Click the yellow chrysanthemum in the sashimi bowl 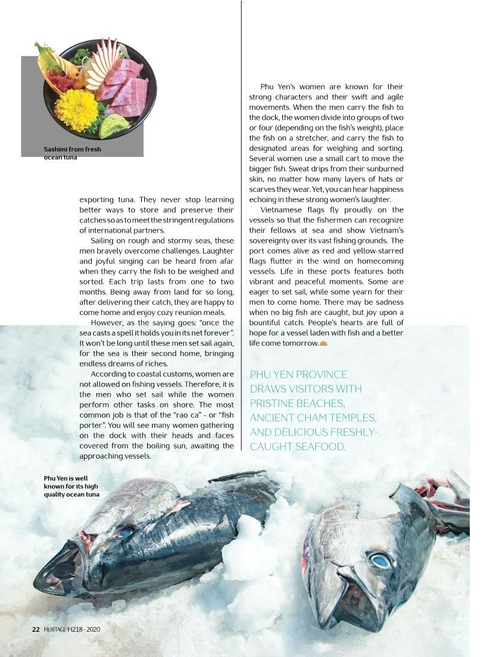(76, 110)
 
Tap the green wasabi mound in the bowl (114, 126)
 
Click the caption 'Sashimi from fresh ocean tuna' (72, 153)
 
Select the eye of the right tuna (380, 560)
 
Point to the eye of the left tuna (125, 532)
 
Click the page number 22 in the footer (35, 629)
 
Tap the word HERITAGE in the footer (55, 629)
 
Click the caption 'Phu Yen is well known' (71, 486)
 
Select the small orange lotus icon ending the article (323, 343)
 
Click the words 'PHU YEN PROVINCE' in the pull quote (298, 374)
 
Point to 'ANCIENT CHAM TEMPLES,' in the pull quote (312, 418)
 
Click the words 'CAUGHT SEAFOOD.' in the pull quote (297, 447)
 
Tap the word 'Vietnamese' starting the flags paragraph (282, 210)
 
